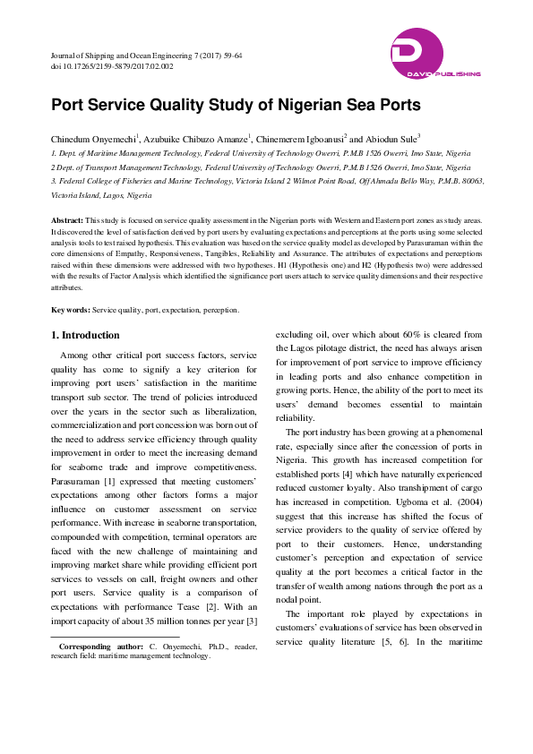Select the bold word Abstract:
tap(67, 219)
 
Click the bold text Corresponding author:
tap(97, 646)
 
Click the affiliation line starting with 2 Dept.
tap(260, 167)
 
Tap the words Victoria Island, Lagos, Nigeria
tap(101, 194)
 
